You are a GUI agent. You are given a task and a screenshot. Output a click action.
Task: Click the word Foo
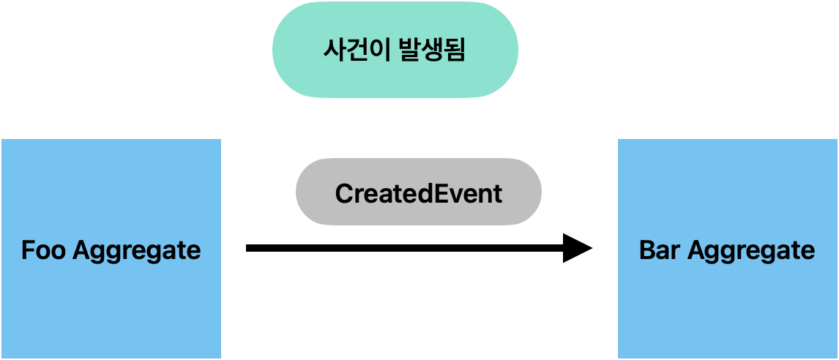(44, 251)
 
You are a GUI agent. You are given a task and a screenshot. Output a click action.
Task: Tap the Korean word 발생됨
(432, 50)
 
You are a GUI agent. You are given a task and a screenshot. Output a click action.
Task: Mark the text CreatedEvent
(418, 194)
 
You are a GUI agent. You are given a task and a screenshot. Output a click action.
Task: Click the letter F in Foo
(28, 251)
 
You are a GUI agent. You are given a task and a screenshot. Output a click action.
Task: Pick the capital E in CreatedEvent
(442, 194)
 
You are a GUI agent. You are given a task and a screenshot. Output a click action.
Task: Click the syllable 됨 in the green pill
(455, 50)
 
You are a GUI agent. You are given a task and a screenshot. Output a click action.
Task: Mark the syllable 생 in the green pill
(432, 50)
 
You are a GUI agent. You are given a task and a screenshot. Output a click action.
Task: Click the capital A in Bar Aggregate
(696, 251)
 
